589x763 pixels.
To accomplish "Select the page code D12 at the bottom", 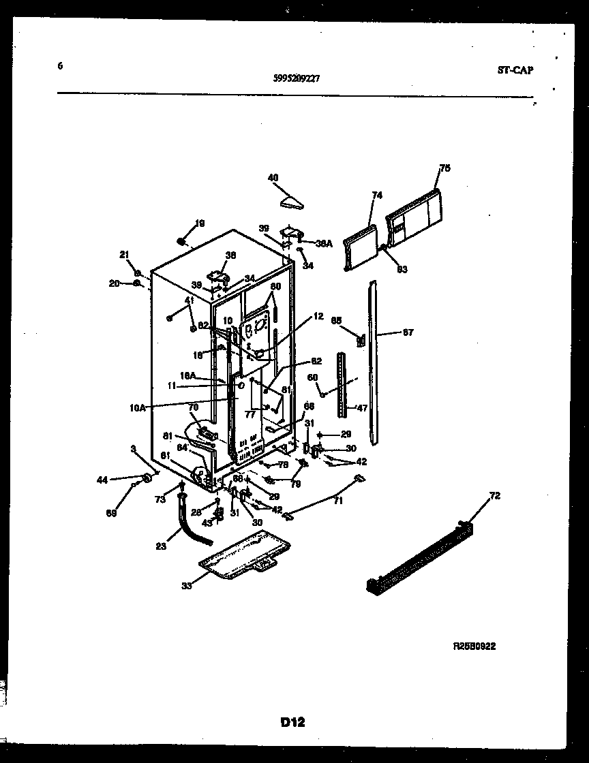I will coord(291,723).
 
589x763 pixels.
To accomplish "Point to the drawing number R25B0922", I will coord(474,647).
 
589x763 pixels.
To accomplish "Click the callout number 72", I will coord(494,496).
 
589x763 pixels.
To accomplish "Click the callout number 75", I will coord(444,168).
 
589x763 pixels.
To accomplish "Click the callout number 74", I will coord(377,195).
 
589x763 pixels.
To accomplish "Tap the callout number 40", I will coord(273,178).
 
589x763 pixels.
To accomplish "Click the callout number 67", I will coord(408,333).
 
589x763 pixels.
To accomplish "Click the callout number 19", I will coord(200,223).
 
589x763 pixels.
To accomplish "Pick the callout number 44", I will coord(102,480).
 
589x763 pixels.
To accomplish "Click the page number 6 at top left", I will coord(61,66).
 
